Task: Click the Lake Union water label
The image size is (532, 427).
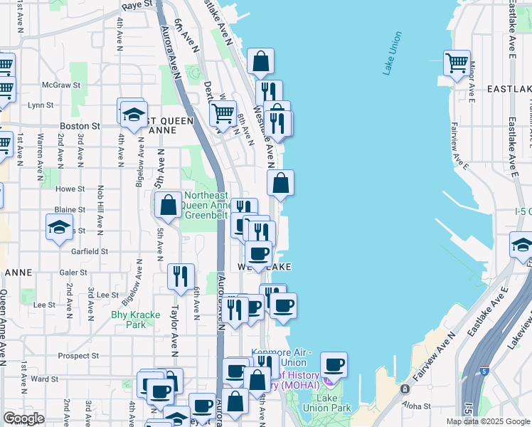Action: click(x=393, y=53)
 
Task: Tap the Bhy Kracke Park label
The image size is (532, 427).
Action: click(x=128, y=319)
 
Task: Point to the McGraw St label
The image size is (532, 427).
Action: click(x=59, y=84)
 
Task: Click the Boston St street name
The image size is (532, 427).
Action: click(x=80, y=126)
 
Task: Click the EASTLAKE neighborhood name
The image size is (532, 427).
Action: click(x=509, y=89)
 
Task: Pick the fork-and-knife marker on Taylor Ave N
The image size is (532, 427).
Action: click(x=181, y=276)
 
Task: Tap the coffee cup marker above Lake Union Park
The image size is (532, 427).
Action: click(x=334, y=366)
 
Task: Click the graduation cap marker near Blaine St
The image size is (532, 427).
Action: click(x=60, y=228)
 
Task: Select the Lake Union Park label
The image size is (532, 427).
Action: click(x=336, y=403)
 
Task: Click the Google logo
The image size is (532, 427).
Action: click(x=23, y=418)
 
